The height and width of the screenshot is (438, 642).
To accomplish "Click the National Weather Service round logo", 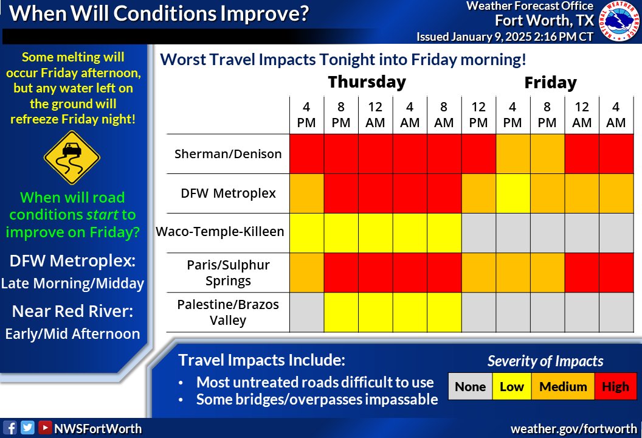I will click(620, 22).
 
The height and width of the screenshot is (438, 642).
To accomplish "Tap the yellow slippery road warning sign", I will click(72, 157).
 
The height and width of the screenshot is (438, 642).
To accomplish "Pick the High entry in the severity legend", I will click(615, 387).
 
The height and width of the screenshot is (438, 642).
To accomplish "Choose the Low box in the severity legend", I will click(511, 387).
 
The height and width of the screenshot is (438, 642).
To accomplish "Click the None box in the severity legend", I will click(470, 387).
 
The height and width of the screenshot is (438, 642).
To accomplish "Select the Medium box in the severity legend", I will click(563, 387).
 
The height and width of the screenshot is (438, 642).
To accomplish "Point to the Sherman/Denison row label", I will click(228, 154).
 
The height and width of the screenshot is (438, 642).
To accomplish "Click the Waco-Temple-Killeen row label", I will click(220, 232).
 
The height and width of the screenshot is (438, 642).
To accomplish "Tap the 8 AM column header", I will click(444, 115).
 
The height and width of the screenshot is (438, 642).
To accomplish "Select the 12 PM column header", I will click(478, 115).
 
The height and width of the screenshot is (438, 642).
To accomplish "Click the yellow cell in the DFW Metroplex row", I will click(513, 193).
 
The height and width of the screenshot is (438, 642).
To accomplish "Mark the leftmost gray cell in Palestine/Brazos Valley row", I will click(306, 312).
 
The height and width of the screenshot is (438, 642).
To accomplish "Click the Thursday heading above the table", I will click(367, 82).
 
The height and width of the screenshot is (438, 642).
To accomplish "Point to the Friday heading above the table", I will click(550, 83).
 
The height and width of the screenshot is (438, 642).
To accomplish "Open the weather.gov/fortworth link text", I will click(573, 428).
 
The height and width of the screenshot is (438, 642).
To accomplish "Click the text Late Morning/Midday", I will click(72, 283).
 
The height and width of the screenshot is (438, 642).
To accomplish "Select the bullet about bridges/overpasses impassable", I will click(316, 400).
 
